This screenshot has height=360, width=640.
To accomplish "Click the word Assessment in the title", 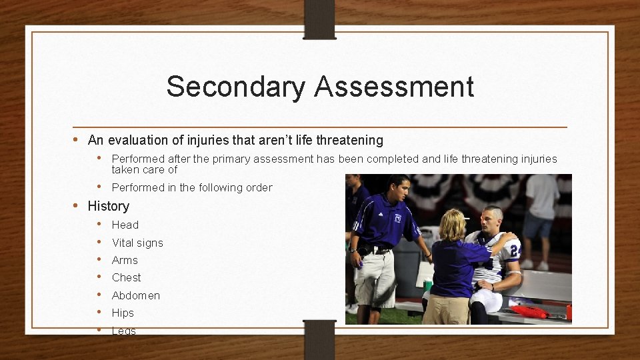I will tap(395, 87).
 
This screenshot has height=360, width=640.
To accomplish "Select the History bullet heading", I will tap(108, 206).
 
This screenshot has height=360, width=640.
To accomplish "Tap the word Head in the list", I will tap(125, 225).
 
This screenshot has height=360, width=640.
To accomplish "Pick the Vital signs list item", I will tap(137, 243).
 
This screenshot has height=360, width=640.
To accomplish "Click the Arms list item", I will tap(125, 260).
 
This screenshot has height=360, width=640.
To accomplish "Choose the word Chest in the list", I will tap(126, 277).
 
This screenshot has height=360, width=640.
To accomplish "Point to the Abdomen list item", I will tap(135, 295).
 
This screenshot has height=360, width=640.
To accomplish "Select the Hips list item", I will tap(123, 313).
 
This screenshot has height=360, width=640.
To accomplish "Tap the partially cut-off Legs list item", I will tap(123, 331).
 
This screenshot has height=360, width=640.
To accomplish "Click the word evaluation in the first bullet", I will tap(137, 140).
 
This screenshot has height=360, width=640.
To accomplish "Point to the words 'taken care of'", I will tap(144, 169).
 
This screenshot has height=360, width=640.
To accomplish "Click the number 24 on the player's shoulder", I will tap(514, 251).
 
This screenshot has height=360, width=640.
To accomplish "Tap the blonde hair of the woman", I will tap(452, 225).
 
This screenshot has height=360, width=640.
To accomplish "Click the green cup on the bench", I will tap(427, 285).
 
